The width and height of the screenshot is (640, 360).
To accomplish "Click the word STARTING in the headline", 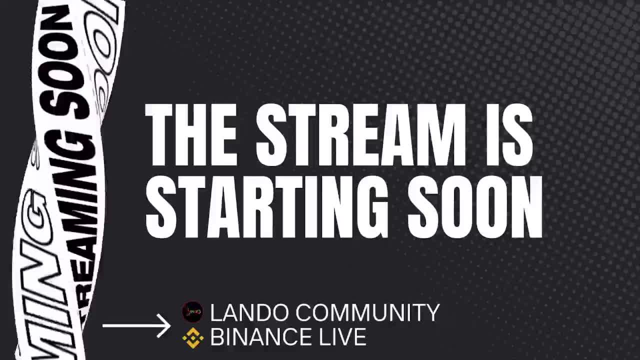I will tap(266, 207).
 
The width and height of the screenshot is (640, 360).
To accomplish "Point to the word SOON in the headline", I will tap(474, 207).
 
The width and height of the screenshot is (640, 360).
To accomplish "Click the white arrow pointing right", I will tap(136, 326).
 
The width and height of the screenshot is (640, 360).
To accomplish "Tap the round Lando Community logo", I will tap(192, 312).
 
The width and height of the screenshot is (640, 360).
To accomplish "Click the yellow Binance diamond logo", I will tap(192, 338).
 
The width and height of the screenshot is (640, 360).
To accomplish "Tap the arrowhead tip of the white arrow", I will tap(170, 326).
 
